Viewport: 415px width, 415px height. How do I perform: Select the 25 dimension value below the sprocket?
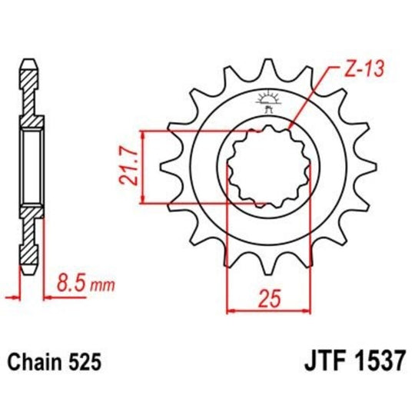tap(267, 296)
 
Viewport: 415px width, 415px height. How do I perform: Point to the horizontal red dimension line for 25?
tap(267, 310)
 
